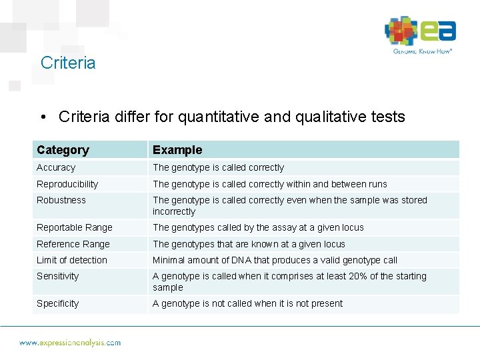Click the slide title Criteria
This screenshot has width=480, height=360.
pyautogui.click(x=68, y=63)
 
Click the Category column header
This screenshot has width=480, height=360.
pyautogui.click(x=63, y=150)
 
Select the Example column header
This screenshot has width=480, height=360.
pyautogui.click(x=177, y=150)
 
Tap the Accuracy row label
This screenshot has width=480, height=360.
pyautogui.click(x=56, y=167)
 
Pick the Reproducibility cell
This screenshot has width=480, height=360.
pyautogui.click(x=67, y=184)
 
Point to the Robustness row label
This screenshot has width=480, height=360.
pyautogui.click(x=61, y=200)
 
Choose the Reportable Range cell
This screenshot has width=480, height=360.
pyautogui.click(x=75, y=227)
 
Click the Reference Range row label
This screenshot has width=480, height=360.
pyautogui.click(x=73, y=244)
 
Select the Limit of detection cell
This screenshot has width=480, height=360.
pyautogui.click(x=72, y=260)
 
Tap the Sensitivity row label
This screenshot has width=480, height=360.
pyautogui.click(x=58, y=276)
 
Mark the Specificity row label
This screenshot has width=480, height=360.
pyautogui.click(x=58, y=303)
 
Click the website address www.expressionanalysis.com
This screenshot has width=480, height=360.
pyautogui.click(x=70, y=343)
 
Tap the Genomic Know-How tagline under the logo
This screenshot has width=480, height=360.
pyautogui.click(x=423, y=51)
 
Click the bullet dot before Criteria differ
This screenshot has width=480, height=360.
pyautogui.click(x=43, y=117)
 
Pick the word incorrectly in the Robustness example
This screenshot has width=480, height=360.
pyautogui.click(x=174, y=211)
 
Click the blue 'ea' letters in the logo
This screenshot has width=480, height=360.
pyautogui.click(x=438, y=31)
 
